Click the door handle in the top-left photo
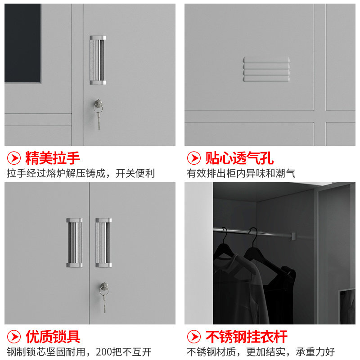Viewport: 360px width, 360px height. pyautogui.click(x=98, y=60)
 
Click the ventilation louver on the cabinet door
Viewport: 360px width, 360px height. pyautogui.click(x=266, y=69)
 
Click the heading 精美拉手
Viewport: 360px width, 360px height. pyautogui.click(x=53, y=158)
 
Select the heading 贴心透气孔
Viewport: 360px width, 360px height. pyautogui.click(x=239, y=158)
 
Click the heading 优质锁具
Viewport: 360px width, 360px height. pyautogui.click(x=53, y=336)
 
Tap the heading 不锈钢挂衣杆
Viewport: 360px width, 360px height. pyautogui.click(x=246, y=336)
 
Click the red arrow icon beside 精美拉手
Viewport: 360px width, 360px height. pyautogui.click(x=14, y=158)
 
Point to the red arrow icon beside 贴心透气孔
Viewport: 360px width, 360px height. pyautogui.click(x=194, y=158)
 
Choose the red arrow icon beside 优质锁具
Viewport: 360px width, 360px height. pyautogui.click(x=14, y=336)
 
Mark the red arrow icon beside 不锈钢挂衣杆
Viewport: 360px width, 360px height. pyautogui.click(x=194, y=336)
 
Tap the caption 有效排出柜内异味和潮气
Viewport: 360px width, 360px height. pyautogui.click(x=241, y=173)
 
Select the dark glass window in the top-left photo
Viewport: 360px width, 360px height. pyautogui.click(x=22, y=43)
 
